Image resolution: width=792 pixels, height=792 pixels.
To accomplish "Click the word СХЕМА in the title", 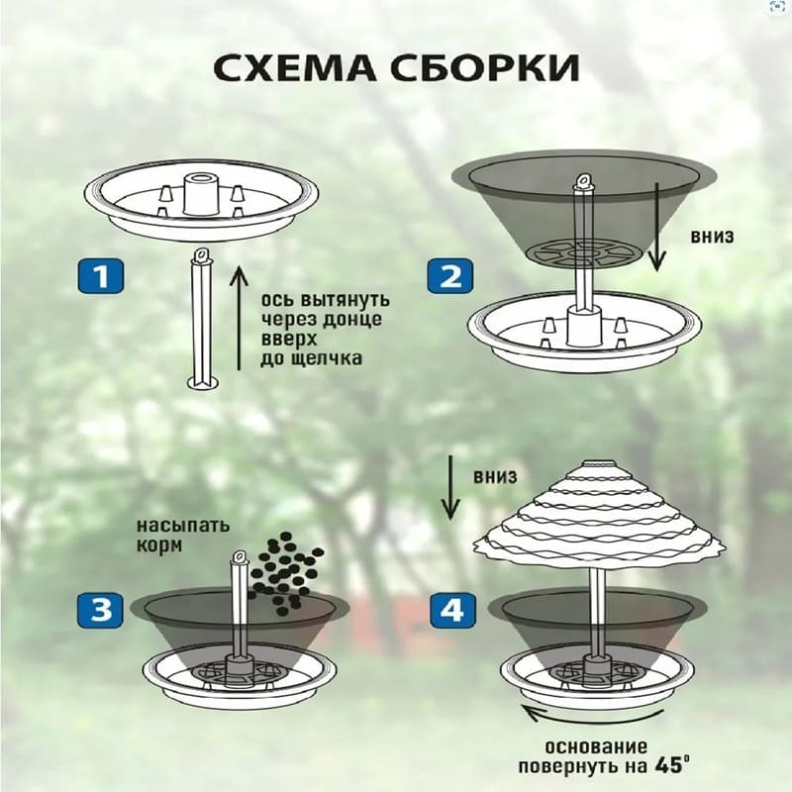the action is click(295, 67).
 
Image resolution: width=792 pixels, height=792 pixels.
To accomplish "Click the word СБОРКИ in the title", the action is click(485, 67).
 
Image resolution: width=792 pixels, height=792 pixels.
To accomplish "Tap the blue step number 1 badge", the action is click(101, 276).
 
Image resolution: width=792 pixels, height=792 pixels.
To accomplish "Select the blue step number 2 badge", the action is click(450, 276).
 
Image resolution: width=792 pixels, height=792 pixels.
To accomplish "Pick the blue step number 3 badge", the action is click(101, 610).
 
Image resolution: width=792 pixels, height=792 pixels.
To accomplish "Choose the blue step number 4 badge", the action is click(453, 610).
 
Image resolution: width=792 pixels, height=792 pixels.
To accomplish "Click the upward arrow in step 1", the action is click(239, 318).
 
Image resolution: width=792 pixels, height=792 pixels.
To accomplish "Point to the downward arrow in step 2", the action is click(656, 227).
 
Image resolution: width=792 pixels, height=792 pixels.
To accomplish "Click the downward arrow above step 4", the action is click(450, 487).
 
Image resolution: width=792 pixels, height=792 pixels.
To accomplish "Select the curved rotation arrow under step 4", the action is click(593, 716).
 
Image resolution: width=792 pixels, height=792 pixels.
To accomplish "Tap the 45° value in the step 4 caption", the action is click(672, 764).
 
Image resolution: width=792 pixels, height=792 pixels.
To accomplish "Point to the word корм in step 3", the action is click(159, 546).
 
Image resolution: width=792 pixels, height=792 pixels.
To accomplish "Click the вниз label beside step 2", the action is click(712, 237).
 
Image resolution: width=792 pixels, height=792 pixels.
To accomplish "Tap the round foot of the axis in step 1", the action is click(204, 382).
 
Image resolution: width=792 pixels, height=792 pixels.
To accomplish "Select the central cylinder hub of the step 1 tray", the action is click(201, 194).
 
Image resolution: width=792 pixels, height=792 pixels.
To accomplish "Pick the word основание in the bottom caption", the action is click(596, 746).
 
